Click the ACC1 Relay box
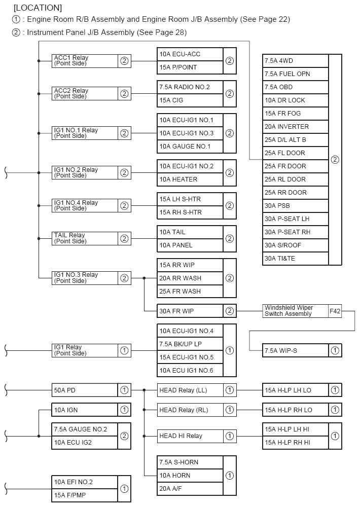[85, 61]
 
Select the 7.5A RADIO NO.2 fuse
[190, 87]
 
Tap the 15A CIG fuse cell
[190, 100]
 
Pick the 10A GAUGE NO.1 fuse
[190, 147]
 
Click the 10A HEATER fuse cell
[190, 179]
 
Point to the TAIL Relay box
[85, 238]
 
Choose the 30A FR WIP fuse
[190, 311]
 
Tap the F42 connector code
[335, 311]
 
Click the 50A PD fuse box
[85, 390]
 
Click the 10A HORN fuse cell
[190, 476]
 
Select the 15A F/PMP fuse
[85, 495]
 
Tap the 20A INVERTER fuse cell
[295, 127]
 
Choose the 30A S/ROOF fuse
[295, 245]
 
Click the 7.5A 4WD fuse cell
[295, 61]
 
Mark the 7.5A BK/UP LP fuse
[190, 344]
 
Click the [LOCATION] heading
[38, 8]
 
